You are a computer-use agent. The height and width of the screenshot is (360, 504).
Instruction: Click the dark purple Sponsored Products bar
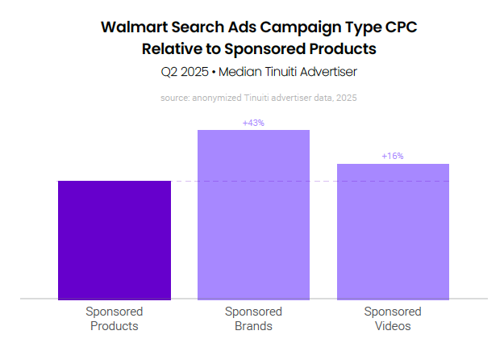click(114, 240)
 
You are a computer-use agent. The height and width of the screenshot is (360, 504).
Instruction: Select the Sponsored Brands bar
click(253, 214)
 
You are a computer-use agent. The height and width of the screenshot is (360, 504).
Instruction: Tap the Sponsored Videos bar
click(393, 231)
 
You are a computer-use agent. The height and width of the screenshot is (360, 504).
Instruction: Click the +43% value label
click(253, 123)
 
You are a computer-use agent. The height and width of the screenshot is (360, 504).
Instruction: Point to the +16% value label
click(393, 157)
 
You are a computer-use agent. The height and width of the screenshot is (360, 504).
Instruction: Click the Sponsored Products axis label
click(114, 319)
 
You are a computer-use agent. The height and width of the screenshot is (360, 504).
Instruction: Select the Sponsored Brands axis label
click(253, 319)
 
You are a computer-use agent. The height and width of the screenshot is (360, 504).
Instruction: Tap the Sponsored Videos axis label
click(393, 319)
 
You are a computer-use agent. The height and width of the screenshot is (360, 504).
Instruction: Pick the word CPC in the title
click(399, 27)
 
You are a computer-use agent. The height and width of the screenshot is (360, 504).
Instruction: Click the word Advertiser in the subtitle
click(327, 72)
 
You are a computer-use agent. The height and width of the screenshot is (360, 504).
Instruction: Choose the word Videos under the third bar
click(393, 326)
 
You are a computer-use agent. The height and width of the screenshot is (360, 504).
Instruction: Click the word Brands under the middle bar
click(253, 326)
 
